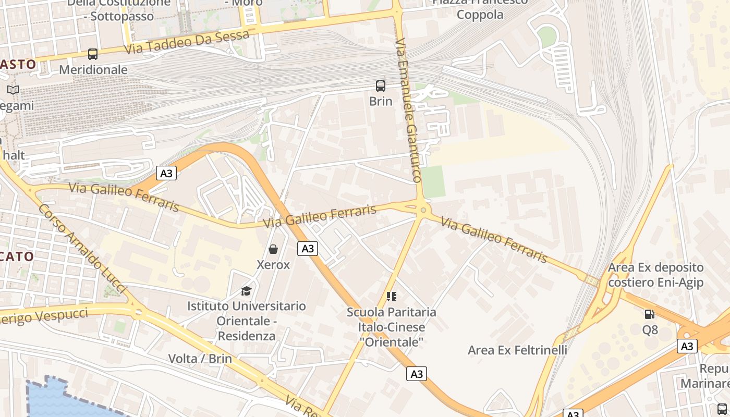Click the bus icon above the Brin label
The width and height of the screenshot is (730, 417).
pyautogui.click(x=381, y=86)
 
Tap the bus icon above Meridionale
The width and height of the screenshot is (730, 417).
pyautogui.click(x=93, y=54)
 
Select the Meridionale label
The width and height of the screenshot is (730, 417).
pyautogui.click(x=93, y=70)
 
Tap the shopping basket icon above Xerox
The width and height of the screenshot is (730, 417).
pyautogui.click(x=273, y=249)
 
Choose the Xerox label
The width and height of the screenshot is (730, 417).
pyautogui.click(x=273, y=265)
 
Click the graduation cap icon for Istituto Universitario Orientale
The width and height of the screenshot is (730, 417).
pyautogui.click(x=246, y=291)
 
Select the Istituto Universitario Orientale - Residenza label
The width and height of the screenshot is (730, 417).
pyautogui.click(x=246, y=321)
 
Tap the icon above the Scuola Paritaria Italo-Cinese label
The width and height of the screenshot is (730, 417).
pyautogui.click(x=392, y=297)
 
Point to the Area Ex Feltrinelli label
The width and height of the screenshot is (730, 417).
pyautogui.click(x=517, y=350)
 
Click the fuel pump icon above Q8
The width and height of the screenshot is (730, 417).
pyautogui.click(x=650, y=314)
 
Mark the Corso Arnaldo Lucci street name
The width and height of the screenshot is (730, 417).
pyautogui.click(x=82, y=248)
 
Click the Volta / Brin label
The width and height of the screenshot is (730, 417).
pyautogui.click(x=200, y=359)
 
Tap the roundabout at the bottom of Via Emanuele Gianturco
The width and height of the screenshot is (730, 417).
pyautogui.click(x=423, y=210)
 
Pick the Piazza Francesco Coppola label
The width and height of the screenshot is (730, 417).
pyautogui.click(x=480, y=8)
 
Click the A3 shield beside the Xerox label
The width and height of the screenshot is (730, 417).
pyautogui.click(x=308, y=249)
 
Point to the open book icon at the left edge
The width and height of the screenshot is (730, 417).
pyautogui.click(x=13, y=90)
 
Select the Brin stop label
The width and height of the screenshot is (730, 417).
pyautogui.click(x=381, y=101)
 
